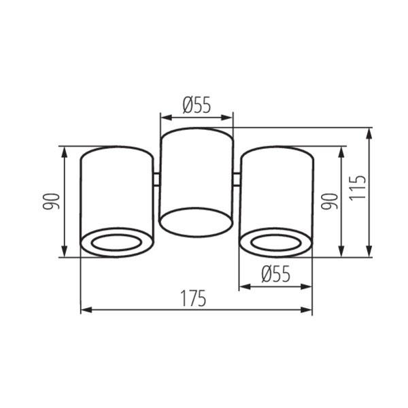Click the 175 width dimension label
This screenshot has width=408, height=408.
(x=193, y=299)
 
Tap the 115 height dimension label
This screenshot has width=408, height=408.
(x=357, y=188)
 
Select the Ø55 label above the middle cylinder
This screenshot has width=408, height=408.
(x=197, y=105)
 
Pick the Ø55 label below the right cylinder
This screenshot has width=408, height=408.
(x=275, y=274)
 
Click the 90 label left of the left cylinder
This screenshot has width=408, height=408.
(x=51, y=202)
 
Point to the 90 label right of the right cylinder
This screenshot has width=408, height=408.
(x=329, y=202)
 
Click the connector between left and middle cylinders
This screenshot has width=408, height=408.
(x=156, y=180)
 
